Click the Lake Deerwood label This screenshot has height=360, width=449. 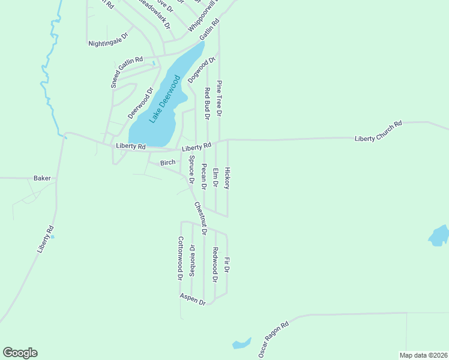165,99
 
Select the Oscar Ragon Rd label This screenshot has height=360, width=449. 274,340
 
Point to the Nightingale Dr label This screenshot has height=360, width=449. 109,40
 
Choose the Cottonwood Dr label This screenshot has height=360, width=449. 180,259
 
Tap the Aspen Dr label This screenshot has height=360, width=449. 193,299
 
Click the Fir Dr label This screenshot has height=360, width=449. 227,266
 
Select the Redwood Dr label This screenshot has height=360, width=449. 215,265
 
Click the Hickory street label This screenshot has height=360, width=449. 227,178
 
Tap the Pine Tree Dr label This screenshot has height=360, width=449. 220,98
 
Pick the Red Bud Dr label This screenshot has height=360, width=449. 207,102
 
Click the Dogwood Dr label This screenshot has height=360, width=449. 202,70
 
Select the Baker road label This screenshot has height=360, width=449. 42,178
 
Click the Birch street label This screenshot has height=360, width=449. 167,163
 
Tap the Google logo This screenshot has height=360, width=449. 20,353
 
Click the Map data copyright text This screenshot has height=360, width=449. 423,355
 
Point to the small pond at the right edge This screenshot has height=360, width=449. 438,235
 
